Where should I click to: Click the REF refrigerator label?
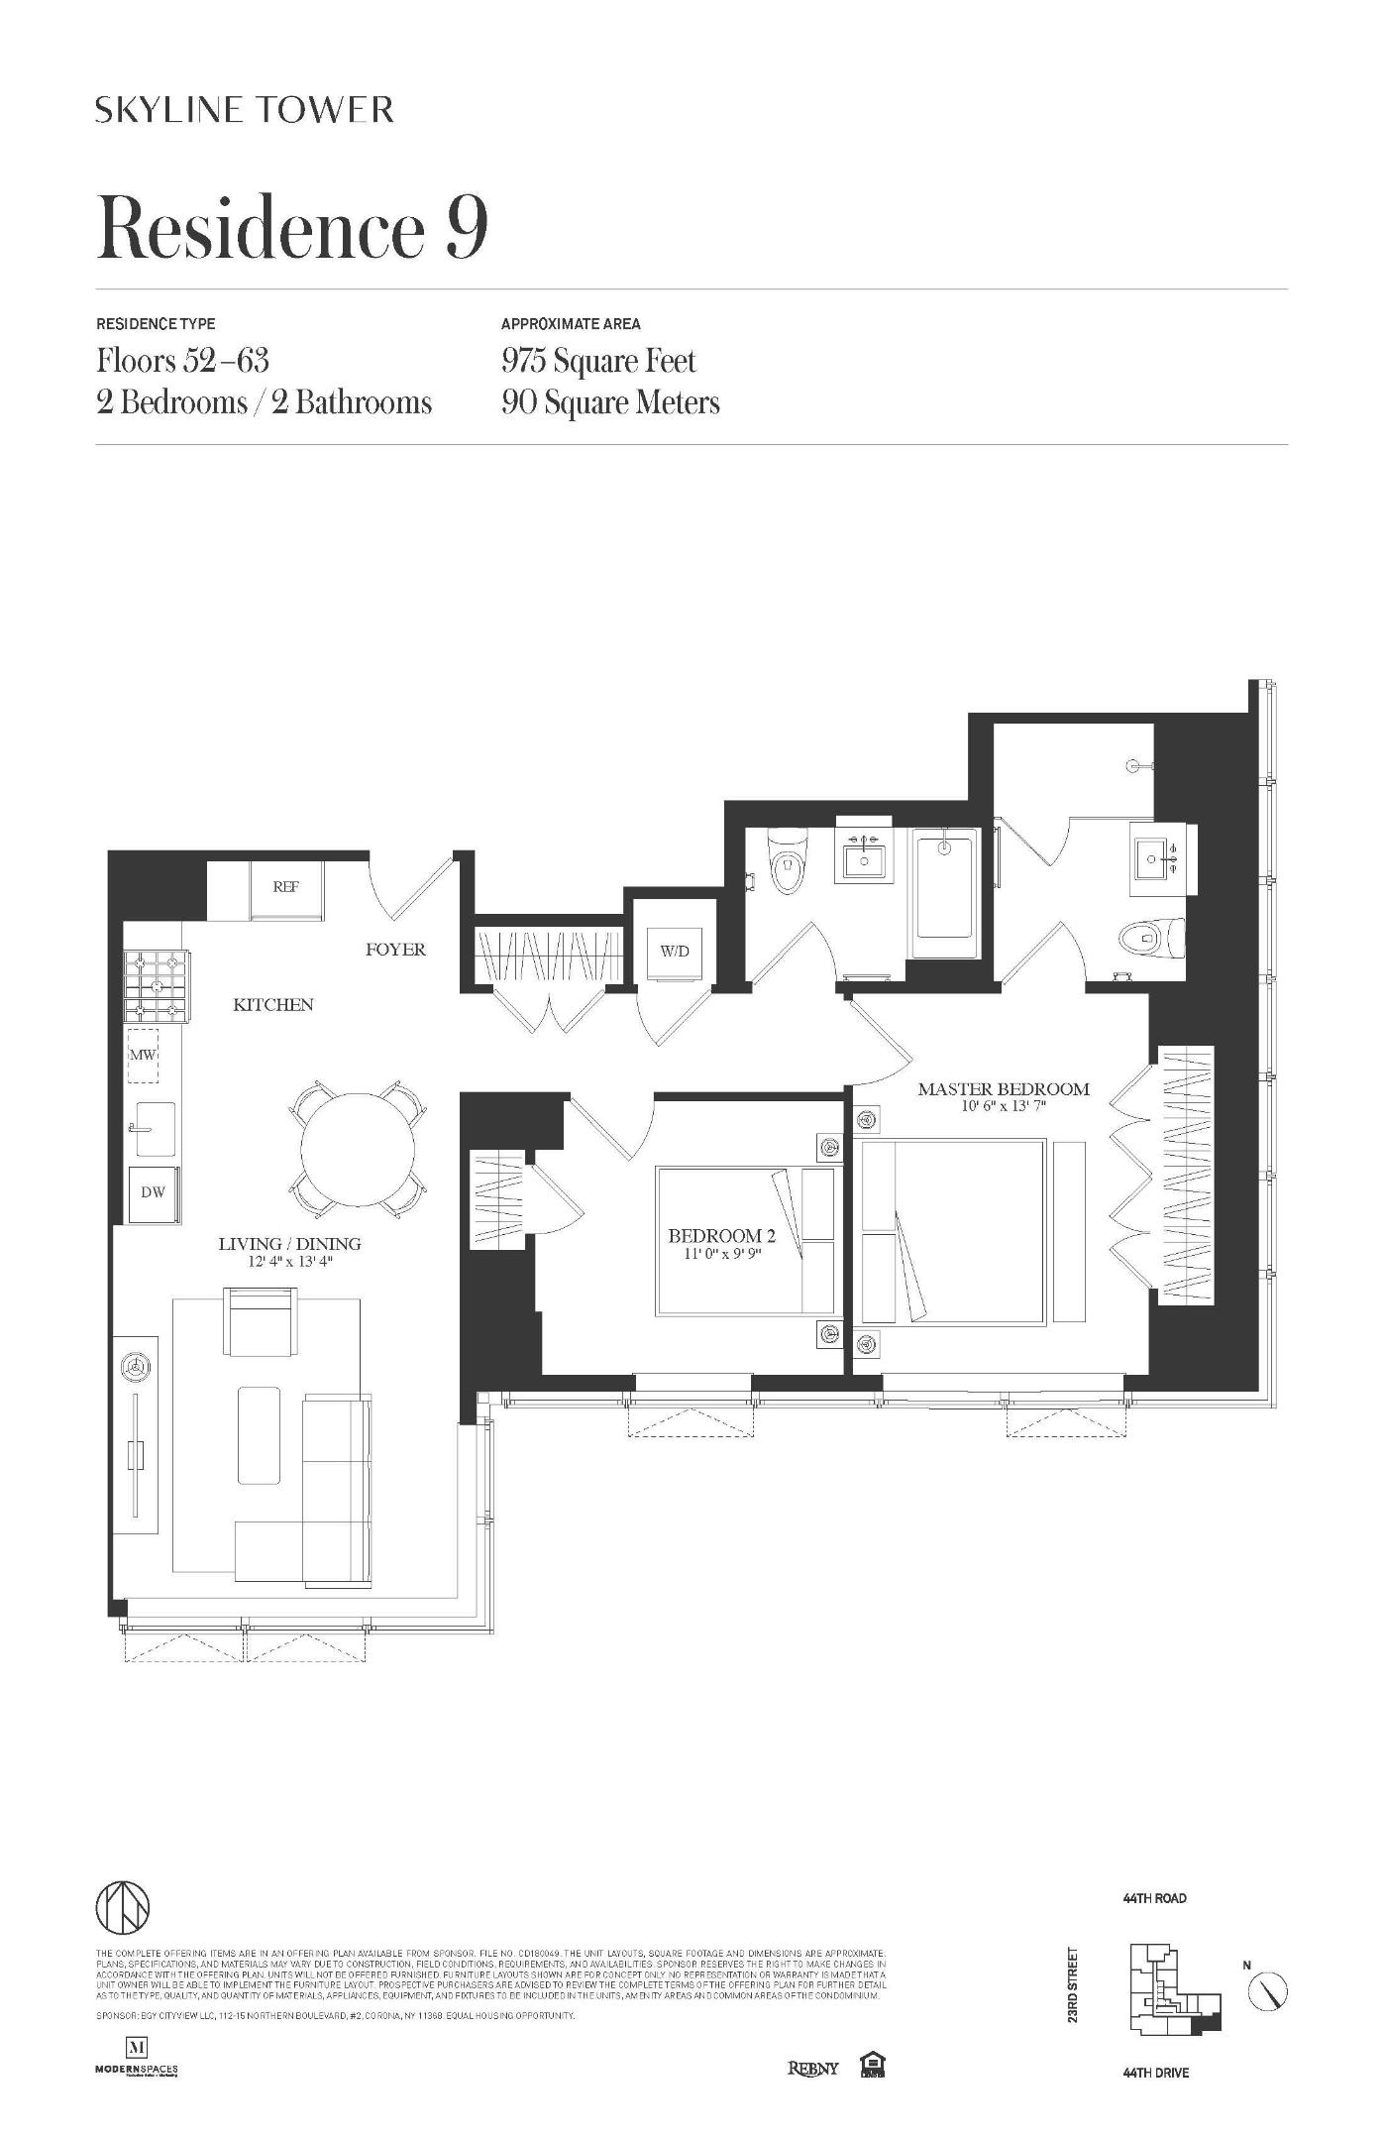(285, 887)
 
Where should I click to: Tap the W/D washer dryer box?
(675, 952)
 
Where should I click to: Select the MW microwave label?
(143, 1055)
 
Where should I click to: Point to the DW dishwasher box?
(154, 1192)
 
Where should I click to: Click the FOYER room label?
(395, 950)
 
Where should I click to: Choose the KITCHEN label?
(273, 1005)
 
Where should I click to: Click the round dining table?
(358, 1149)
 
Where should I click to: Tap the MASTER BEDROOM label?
(1003, 1089)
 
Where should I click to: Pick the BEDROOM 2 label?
(721, 1236)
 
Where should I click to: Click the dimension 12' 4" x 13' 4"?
(289, 1262)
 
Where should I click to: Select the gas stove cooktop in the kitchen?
(157, 986)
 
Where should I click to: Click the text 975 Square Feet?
(598, 361)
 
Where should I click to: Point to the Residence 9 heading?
(292, 228)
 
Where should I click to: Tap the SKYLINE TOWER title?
(245, 109)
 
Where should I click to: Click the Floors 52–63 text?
(183, 361)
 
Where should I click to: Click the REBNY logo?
(812, 2069)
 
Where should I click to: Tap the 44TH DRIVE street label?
(1156, 2073)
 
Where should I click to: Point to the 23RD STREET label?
(1073, 1986)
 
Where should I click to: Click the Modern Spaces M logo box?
(137, 2047)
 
